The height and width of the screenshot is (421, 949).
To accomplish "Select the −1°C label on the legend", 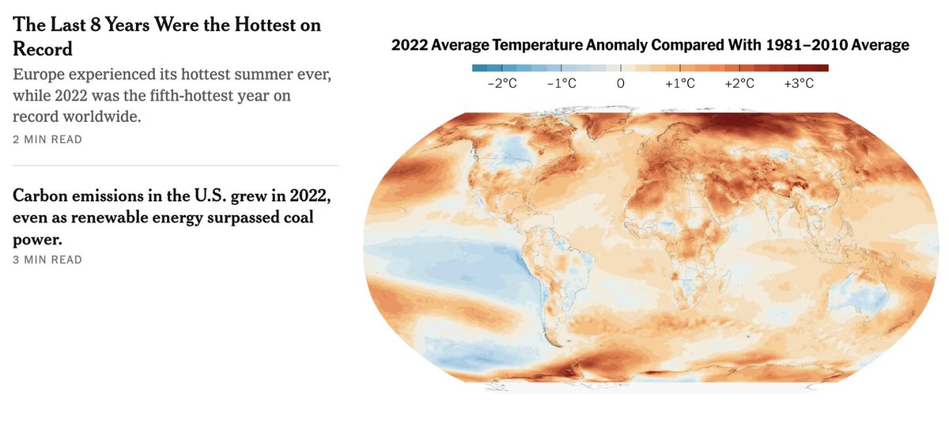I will click(561, 83).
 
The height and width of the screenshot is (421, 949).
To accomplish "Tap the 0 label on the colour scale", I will click(621, 83).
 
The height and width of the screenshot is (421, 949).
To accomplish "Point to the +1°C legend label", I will click(680, 83).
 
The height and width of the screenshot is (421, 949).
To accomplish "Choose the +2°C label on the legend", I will click(739, 83).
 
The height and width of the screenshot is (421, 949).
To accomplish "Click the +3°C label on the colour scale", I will click(799, 83).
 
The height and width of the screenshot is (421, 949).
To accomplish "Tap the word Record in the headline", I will click(43, 49).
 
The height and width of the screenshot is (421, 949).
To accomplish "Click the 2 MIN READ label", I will click(47, 139).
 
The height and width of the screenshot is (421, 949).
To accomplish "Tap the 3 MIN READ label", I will click(47, 260).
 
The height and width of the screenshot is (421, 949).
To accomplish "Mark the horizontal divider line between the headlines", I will click(176, 165).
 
